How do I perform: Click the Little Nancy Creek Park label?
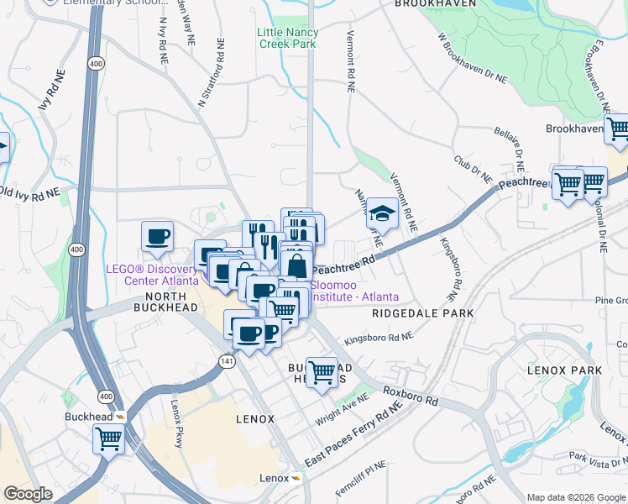(287, 38)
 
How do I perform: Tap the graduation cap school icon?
(383, 214)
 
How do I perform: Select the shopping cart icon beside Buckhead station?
(109, 438)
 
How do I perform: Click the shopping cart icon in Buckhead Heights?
(322, 372)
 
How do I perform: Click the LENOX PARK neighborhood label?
(564, 370)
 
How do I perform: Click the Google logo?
(28, 493)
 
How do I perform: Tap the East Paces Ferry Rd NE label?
(353, 435)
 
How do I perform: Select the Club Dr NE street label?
(472, 168)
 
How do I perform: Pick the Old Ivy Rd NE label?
(30, 193)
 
